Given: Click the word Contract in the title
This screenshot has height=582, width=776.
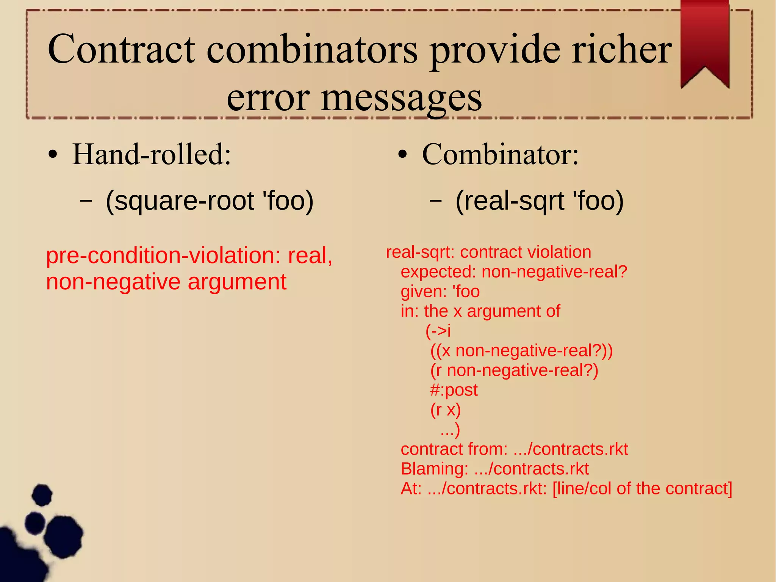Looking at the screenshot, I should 121,49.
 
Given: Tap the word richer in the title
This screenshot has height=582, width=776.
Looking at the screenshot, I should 621,49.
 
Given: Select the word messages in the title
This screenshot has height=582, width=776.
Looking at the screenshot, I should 402,98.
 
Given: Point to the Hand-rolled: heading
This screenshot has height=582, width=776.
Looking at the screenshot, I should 152,155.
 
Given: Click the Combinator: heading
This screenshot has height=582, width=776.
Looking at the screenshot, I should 500,155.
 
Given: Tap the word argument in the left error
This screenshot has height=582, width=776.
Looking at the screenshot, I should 237,282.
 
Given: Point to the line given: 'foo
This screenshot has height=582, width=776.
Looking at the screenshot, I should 440,292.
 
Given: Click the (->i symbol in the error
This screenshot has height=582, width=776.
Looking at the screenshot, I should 438,331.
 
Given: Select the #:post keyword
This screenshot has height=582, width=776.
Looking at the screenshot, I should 454,390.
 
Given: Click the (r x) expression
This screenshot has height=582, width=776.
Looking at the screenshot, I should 445,409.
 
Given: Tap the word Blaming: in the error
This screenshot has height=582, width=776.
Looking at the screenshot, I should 435,469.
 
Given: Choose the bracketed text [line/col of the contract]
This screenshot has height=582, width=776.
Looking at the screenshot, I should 642,488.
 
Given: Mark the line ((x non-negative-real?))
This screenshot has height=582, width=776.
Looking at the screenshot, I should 521,350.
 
